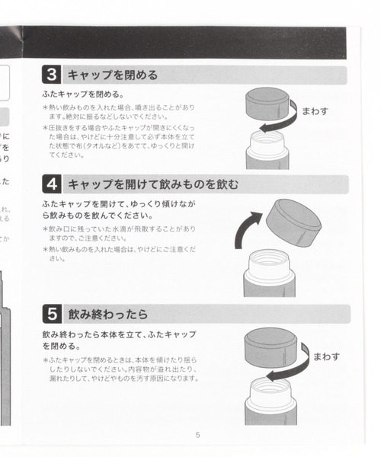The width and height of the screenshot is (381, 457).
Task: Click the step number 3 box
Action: point(51,75)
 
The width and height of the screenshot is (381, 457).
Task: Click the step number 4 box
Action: point(51,184)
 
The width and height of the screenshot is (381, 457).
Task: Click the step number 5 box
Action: point(51,314)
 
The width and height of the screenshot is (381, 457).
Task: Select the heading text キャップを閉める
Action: point(113,75)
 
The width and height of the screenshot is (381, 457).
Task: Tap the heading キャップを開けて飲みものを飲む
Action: point(152,184)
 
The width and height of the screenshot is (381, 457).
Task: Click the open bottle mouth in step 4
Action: point(267,259)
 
